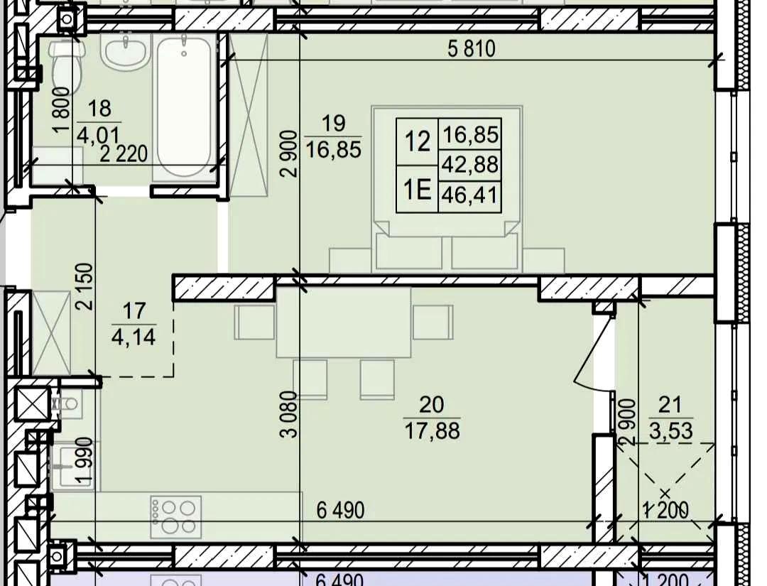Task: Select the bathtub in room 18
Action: click(x=185, y=105)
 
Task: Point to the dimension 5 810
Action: click(x=472, y=48)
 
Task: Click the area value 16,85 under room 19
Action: click(x=334, y=148)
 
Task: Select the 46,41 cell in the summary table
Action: click(x=469, y=196)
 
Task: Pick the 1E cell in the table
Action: click(x=418, y=190)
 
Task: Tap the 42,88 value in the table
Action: click(x=469, y=165)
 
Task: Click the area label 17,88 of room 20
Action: click(x=433, y=431)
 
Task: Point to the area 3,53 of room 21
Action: click(x=670, y=430)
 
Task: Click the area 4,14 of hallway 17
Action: click(x=134, y=337)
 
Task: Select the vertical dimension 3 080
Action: click(x=290, y=414)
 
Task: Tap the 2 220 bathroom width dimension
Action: click(x=124, y=154)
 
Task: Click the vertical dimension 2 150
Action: click(x=84, y=286)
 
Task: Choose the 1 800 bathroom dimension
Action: click(x=62, y=109)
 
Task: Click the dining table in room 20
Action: click(x=344, y=323)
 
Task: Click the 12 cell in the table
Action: click(x=418, y=142)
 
